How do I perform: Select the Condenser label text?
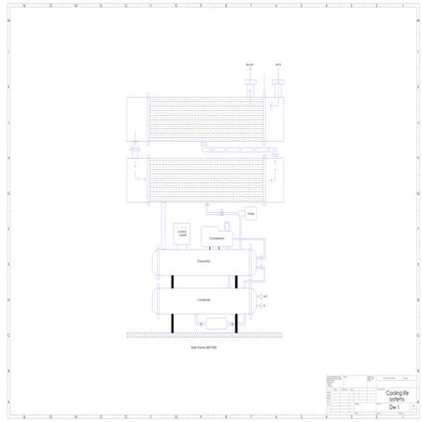coord(204,300)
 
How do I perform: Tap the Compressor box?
coord(218,238)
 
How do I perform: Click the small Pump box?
coord(250,214)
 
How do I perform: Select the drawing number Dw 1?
coord(394,408)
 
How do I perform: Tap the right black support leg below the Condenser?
coord(235,323)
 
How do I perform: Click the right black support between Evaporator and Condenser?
coord(235,281)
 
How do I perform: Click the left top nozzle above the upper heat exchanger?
coord(248,82)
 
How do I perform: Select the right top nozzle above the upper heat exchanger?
coord(278,82)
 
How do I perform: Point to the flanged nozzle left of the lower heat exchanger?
coord(134,148)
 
